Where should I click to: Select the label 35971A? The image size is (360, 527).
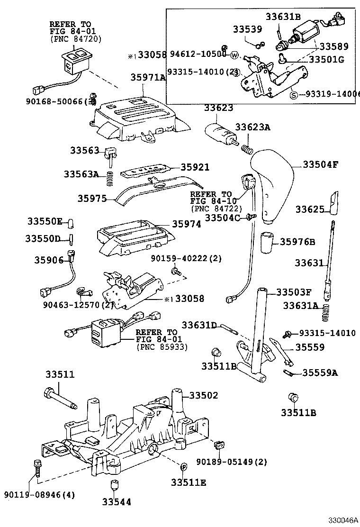[x=148, y=77]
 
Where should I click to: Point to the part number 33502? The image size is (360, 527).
[x=204, y=395]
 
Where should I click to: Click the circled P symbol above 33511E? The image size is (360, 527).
[x=182, y=467]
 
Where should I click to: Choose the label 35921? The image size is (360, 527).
[x=195, y=167]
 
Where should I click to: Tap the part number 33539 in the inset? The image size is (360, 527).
[x=247, y=29]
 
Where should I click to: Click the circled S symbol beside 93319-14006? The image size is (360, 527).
[x=294, y=94]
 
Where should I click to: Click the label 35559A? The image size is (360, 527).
[x=320, y=373]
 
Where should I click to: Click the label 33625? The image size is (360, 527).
[x=310, y=209]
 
